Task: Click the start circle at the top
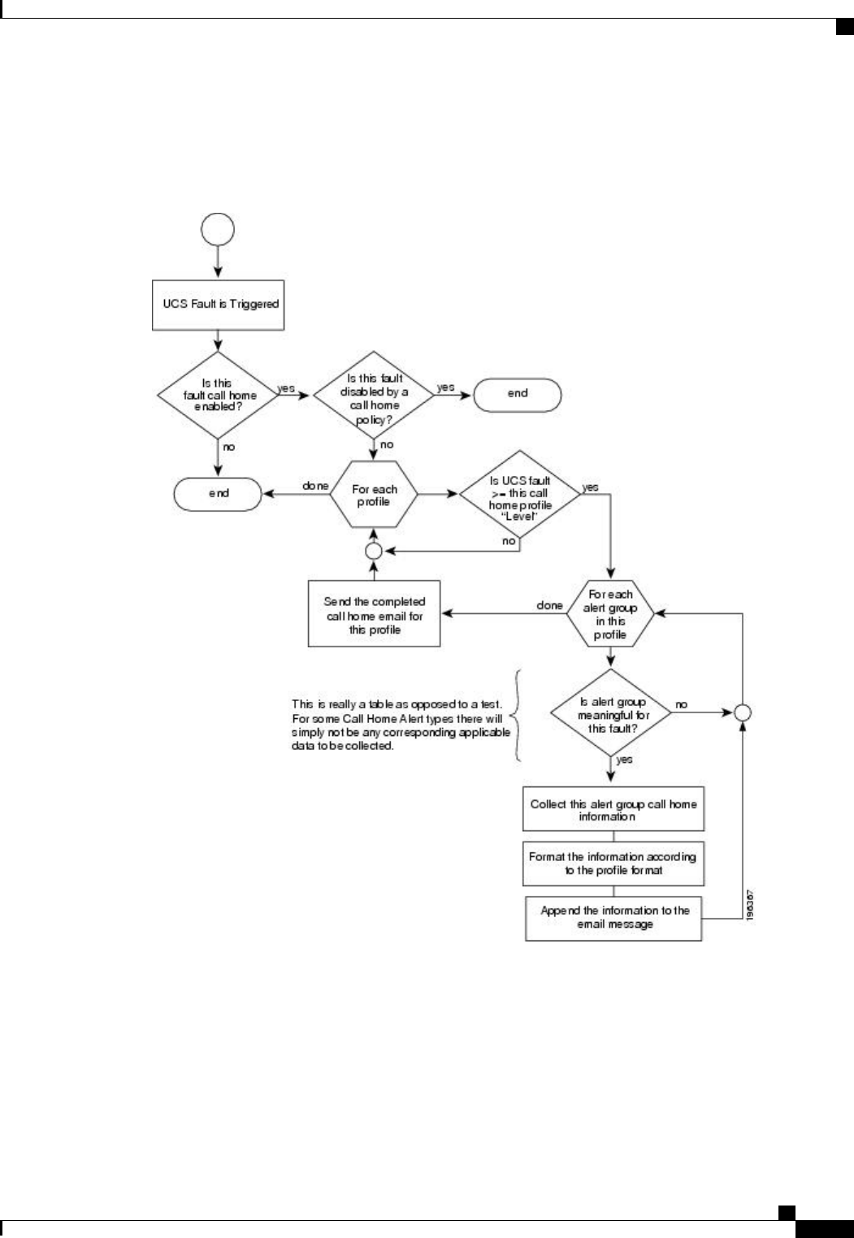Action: (x=218, y=229)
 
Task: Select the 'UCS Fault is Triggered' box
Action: (x=218, y=304)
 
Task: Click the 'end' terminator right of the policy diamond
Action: (x=517, y=393)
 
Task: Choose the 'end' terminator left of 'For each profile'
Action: (x=218, y=493)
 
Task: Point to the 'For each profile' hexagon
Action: (x=374, y=495)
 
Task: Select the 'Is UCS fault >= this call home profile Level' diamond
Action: (x=519, y=494)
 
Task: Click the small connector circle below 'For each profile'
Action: (x=374, y=551)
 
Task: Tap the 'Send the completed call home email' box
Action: (x=374, y=614)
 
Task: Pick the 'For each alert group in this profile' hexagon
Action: (x=609, y=614)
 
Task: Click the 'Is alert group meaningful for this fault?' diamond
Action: (x=611, y=715)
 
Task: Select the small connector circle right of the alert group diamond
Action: (x=742, y=713)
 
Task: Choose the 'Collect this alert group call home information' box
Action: (x=613, y=809)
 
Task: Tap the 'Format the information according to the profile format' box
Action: (x=613, y=864)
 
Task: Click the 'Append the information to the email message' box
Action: (x=613, y=918)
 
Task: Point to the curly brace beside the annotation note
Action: (x=515, y=715)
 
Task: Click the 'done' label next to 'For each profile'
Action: (x=315, y=486)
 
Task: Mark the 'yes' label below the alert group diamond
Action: (x=624, y=760)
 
